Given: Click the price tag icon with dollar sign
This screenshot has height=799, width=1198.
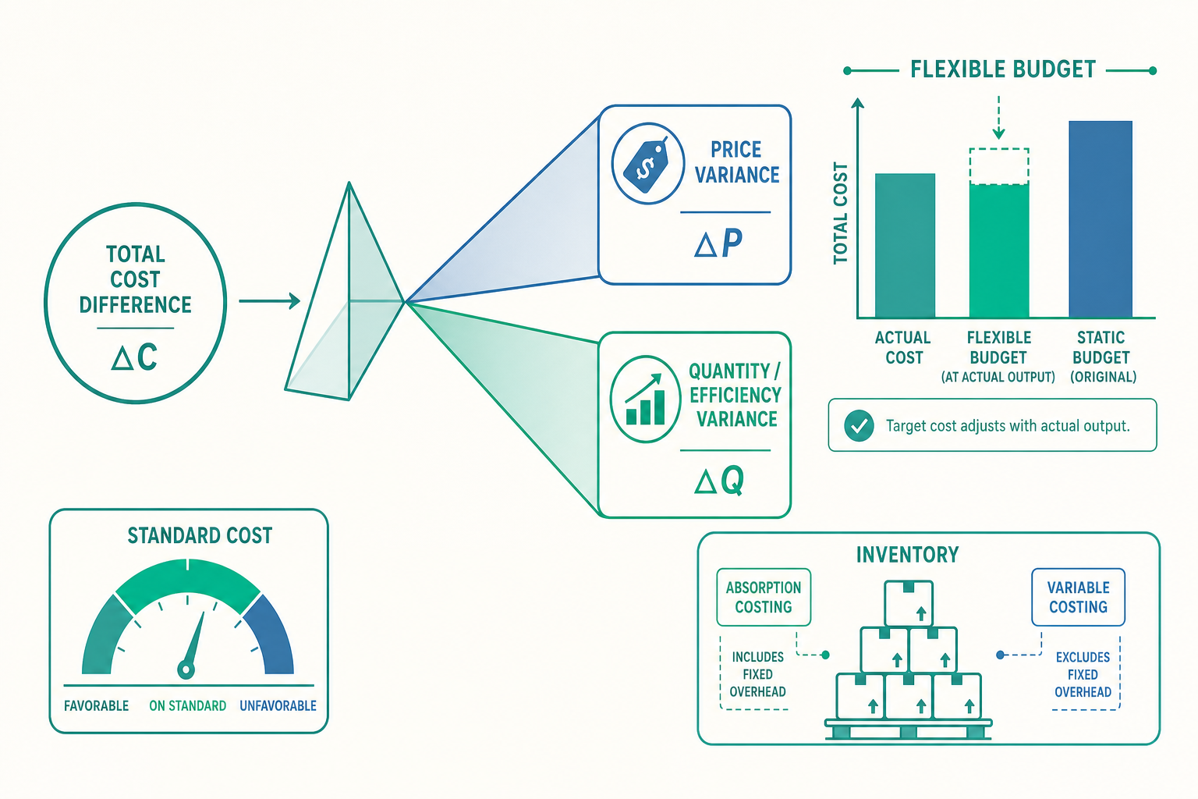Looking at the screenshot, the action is pos(647,163).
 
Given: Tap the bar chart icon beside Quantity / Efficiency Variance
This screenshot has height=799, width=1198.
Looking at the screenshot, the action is pos(646,399).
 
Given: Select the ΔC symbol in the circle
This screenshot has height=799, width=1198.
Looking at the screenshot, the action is pos(135,357).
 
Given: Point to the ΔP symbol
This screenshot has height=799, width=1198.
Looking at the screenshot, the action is pos(718,243).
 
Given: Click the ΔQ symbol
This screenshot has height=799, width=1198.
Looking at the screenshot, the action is pos(719,480).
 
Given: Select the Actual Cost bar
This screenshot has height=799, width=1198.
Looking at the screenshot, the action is pos(905,246).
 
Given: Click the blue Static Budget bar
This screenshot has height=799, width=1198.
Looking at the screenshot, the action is pos(1101,219).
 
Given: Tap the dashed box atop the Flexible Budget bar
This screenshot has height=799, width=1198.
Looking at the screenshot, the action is pos(999,166).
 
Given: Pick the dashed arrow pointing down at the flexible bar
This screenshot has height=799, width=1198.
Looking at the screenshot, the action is pos(998,118).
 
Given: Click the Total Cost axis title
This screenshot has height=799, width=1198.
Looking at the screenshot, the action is pos(841,214).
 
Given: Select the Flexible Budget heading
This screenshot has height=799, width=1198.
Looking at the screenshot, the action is pos(1003,69).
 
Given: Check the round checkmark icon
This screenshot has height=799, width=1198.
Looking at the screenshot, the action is pos(859,425).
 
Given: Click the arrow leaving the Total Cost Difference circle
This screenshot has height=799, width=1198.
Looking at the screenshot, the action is pos(270,300).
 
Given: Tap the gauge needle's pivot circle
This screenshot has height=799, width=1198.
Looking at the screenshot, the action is pos(186,669).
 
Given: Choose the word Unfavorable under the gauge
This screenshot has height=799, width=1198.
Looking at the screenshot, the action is pos(278,706).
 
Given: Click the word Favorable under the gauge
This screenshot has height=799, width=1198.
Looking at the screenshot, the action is pos(96,706).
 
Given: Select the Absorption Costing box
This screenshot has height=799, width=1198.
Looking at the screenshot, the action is pos(764,597).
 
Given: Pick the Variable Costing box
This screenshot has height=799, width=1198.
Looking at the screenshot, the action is pos(1078,597).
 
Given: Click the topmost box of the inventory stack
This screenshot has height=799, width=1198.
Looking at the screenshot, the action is pos(909,604).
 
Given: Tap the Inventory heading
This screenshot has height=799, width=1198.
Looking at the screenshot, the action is pos(908,555).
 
